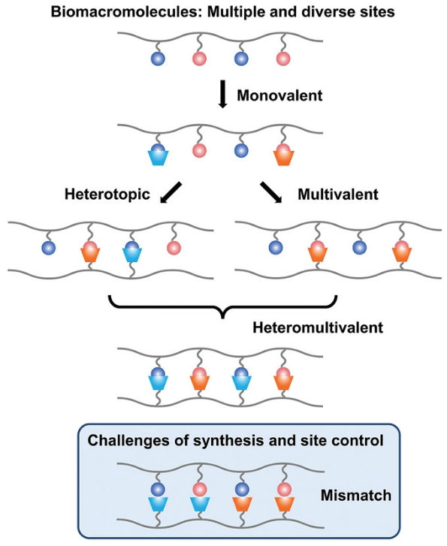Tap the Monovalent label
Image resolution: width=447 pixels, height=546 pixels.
point(279,95)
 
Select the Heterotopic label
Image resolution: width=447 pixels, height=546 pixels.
point(107,194)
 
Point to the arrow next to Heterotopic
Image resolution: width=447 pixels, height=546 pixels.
point(171,192)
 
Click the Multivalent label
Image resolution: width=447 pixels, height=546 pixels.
point(338,194)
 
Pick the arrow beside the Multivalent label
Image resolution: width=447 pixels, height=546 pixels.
point(271,192)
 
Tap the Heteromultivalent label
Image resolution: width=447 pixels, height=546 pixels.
point(318,327)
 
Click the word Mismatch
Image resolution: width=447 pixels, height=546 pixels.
point(355,495)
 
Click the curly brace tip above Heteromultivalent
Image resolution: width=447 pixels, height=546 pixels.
point(223,318)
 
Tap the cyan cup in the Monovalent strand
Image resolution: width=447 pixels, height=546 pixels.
point(159,158)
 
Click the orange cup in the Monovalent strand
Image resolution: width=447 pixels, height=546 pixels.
point(284,158)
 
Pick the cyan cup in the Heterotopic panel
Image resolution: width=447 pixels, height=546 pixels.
point(132,255)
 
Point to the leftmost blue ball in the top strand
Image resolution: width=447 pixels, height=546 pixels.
point(158,59)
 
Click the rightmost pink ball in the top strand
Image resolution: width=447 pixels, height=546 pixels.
point(283,59)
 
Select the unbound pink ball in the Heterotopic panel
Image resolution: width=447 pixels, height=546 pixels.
point(174,248)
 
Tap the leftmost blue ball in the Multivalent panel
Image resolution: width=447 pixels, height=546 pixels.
point(276,248)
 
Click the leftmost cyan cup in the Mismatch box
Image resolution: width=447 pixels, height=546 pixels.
point(158,504)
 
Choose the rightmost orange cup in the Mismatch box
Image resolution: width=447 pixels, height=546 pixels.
point(284,504)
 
